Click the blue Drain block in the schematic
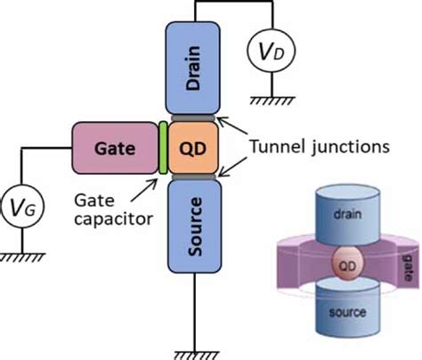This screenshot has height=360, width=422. click(192, 68)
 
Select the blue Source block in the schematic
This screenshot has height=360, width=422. click(195, 226)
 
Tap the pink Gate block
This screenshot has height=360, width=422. click(115, 148)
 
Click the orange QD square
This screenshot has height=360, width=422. click(193, 148)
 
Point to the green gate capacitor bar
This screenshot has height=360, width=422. click(163, 148)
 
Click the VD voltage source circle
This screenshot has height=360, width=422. click(272, 52)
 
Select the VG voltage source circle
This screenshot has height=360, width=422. click(22, 207)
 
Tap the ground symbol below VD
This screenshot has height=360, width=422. click(272, 101)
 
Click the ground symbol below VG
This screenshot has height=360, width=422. click(22, 258)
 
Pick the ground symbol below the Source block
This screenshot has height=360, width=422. click(196, 356)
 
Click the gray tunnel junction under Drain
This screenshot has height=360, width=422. click(193, 119)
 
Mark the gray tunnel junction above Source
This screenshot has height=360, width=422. click(194, 177)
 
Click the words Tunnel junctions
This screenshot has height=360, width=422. click(320, 146)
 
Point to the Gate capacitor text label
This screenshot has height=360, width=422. click(113, 209)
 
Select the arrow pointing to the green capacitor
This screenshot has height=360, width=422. click(143, 191)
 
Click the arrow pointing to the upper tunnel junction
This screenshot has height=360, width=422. click(231, 126)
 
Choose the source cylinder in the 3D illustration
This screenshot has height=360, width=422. click(347, 307)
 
